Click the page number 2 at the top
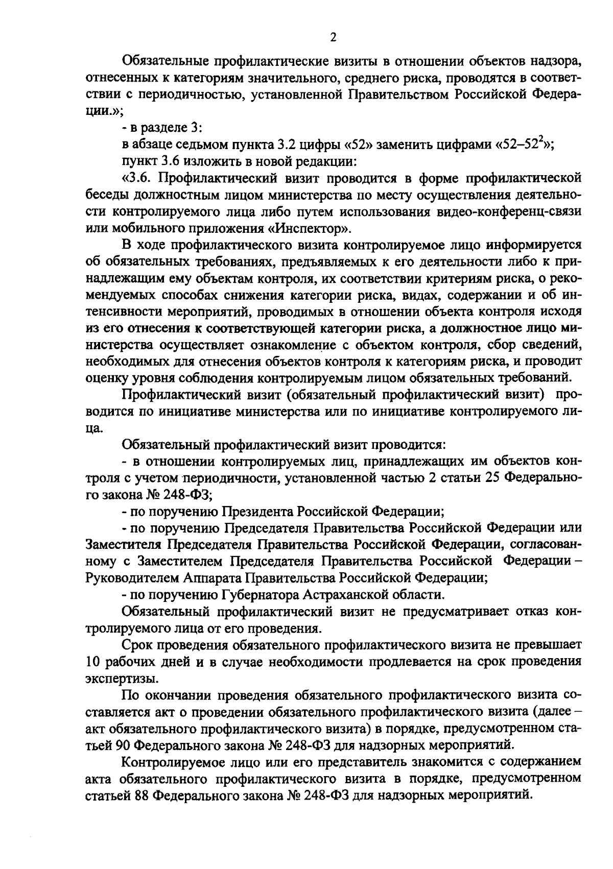(x=333, y=37)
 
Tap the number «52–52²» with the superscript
(x=527, y=144)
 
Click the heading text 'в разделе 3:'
(x=164, y=128)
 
